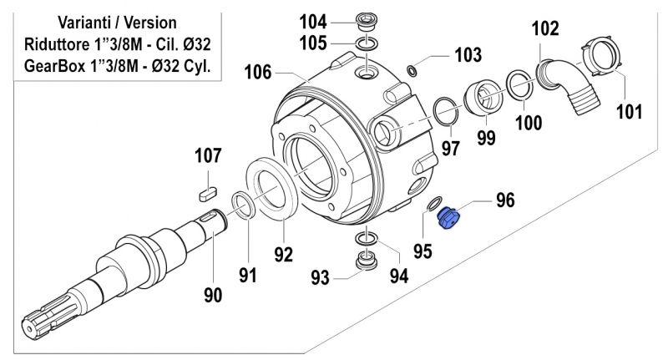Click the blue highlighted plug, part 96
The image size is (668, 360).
(x=451, y=221)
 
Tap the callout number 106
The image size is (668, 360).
(x=257, y=73)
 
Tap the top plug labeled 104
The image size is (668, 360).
(x=364, y=20)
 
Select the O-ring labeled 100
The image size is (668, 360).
(x=519, y=85)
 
